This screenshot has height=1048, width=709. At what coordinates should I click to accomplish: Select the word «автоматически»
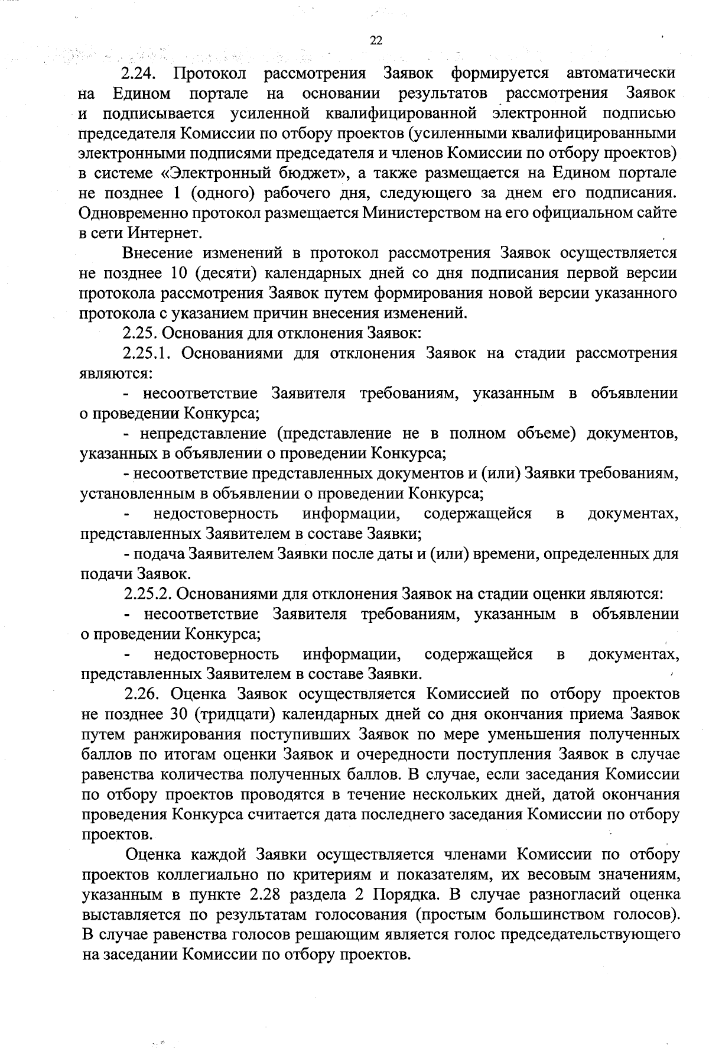pos(621,74)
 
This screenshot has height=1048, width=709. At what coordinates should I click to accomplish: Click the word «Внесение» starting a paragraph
pos(158,253)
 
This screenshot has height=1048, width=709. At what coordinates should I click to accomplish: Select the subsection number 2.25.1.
pos(147,353)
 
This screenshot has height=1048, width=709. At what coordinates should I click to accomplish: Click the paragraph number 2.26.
pos(141,693)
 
